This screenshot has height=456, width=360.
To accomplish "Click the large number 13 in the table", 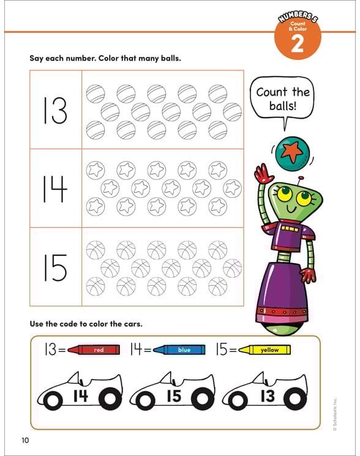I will tap(55, 110).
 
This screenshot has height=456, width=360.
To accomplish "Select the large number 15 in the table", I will tap(55, 267).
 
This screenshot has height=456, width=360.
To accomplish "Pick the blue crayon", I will tap(178, 350).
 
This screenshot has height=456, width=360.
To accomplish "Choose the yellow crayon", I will tap(264, 350).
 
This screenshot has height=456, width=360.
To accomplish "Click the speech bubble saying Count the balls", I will tap(284, 99).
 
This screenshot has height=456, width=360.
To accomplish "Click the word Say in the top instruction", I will tap(38, 59).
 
